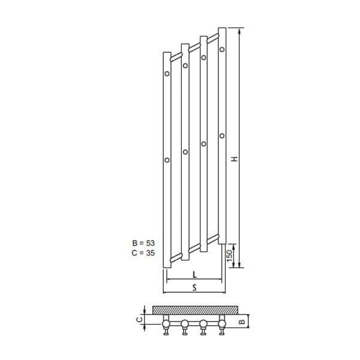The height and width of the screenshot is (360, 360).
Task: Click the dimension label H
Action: pos(235,159)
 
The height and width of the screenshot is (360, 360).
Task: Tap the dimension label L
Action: pos(194,275)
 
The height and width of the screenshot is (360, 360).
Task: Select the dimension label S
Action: pos(194,287)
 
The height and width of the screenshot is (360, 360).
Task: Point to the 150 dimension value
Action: pos(230,256)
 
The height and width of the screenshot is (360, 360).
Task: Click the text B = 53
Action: pos(143,243)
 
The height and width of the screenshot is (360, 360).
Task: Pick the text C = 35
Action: pos(143,253)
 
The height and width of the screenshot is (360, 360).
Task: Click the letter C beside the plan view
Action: pos(139,319)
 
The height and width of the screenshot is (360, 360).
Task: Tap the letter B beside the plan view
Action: pos(242,322)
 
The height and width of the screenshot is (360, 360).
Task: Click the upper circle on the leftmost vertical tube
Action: pos(167,74)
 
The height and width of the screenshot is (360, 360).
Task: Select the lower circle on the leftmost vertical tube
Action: pos(167,160)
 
